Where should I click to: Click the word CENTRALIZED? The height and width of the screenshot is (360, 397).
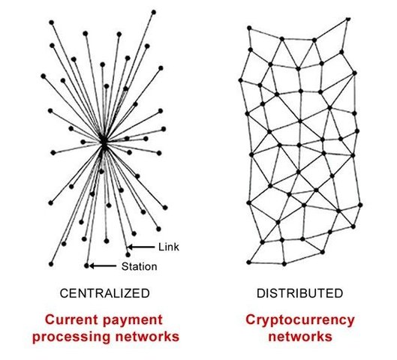[105, 293]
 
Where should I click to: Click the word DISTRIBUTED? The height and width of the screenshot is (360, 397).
[300, 293]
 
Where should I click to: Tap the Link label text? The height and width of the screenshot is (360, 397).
[169, 247]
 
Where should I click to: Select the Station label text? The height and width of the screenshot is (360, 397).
[140, 266]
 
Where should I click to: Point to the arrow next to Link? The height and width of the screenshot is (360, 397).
[141, 247]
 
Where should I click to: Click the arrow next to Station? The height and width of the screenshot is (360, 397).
[103, 266]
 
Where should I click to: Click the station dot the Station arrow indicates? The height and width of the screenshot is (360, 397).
[86, 266]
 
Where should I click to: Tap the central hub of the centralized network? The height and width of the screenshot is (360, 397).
[104, 142]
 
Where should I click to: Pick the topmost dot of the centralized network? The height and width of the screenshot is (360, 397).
[153, 12]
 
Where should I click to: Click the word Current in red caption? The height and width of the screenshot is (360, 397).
[72, 319]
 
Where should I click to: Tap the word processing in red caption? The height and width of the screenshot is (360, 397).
[72, 337]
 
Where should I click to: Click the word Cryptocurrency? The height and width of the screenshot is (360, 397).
[300, 321]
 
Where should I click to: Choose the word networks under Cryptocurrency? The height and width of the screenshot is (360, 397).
[300, 337]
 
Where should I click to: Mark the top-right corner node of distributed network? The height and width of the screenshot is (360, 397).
[348, 19]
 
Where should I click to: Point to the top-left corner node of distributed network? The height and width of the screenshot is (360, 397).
[249, 28]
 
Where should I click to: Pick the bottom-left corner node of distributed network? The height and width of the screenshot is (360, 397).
[249, 262]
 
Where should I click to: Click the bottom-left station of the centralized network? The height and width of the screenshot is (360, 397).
[51, 264]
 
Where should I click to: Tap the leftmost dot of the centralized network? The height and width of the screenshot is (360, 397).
[44, 76]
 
